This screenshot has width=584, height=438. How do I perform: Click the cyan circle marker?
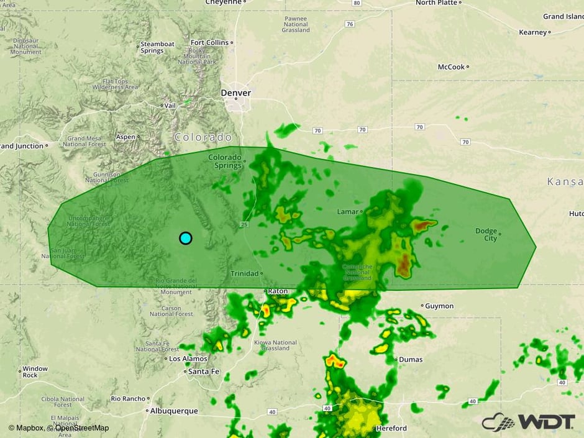pos(185,238)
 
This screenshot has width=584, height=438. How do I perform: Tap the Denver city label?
pos(236,93)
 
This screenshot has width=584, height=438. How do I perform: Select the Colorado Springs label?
pos(224,161)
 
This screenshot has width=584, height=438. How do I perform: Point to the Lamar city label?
pos(348,212)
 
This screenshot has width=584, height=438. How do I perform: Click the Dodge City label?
pos(486,234)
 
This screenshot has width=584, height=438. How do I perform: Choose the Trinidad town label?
pos(244,273)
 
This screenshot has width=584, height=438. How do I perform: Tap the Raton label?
pos(277,291)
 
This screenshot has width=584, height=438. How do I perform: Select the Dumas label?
pos(410,359)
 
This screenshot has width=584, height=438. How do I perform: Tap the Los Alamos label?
pos(183,358)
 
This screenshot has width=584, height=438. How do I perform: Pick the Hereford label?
pos(391,428)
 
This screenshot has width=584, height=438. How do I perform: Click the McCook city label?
pos(451,67)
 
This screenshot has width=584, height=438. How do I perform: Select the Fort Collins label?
pos(209,42)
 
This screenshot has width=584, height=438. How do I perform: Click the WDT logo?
pos(528,421)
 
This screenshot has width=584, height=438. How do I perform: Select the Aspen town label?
pos(125,137)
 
